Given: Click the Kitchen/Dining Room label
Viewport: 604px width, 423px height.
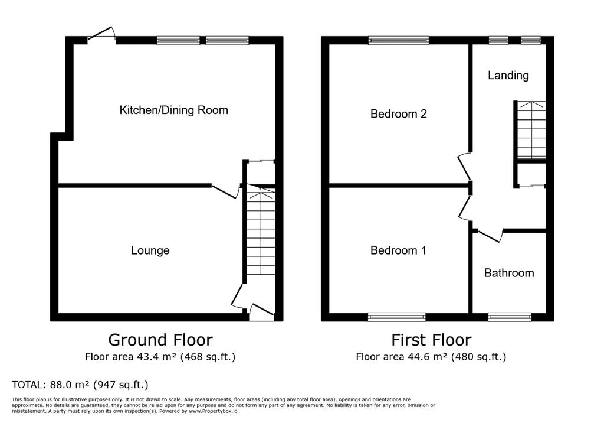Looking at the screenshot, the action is pos(174,110).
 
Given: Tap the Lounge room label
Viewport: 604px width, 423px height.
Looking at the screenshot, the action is pos(150,250).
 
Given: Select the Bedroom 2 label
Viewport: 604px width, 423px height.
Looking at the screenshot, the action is pos(399,114).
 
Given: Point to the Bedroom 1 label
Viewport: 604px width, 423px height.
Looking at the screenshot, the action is pos(398,250).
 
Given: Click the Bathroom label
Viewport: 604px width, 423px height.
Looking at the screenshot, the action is pos(509,274).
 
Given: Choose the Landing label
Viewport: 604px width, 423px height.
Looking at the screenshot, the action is pos(508,75).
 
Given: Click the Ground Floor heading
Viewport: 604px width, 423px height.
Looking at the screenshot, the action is pos(160,340).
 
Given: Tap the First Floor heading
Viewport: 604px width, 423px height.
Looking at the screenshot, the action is pos(431,340).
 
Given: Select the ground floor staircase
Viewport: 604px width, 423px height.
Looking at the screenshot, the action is pos(261,230).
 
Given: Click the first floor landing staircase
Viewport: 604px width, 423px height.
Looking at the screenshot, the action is pos(531,130).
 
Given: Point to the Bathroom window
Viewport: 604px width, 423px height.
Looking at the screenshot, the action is pos(510,317).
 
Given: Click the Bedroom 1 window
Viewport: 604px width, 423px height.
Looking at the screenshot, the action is pos(397,317).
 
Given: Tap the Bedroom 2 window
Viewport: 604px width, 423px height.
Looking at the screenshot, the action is pos(399,40).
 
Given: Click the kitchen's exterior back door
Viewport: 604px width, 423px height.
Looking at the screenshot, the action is pos(101,33).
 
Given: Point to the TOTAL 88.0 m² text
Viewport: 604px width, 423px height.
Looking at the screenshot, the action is pos(80,385).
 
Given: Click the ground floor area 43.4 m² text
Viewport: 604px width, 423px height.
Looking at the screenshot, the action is pos(160,357).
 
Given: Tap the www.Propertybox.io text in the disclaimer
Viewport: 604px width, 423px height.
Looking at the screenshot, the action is pos(212,411).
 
